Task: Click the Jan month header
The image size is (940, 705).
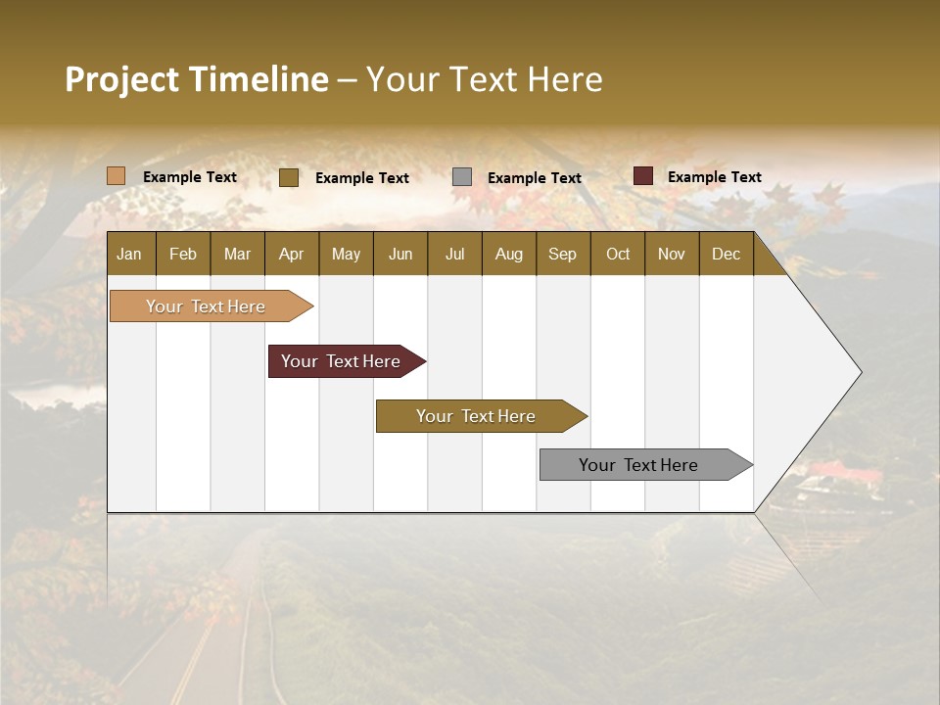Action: click(129, 254)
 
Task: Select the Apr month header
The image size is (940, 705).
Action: click(291, 254)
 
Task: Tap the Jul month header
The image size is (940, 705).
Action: click(454, 254)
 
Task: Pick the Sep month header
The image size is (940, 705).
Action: click(562, 254)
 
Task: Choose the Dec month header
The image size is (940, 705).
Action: click(726, 254)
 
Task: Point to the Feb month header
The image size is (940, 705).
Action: click(183, 254)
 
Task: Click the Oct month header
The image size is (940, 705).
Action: click(617, 254)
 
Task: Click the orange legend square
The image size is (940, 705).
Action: click(117, 176)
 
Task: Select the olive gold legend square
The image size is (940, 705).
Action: click(289, 177)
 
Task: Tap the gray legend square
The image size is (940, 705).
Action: click(462, 177)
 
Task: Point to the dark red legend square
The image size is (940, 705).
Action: click(642, 176)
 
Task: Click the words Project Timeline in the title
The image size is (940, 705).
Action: click(197, 79)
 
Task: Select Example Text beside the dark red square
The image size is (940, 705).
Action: click(714, 177)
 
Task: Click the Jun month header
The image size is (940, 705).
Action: click(399, 254)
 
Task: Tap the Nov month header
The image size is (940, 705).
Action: click(671, 254)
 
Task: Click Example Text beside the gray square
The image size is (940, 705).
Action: click(534, 178)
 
